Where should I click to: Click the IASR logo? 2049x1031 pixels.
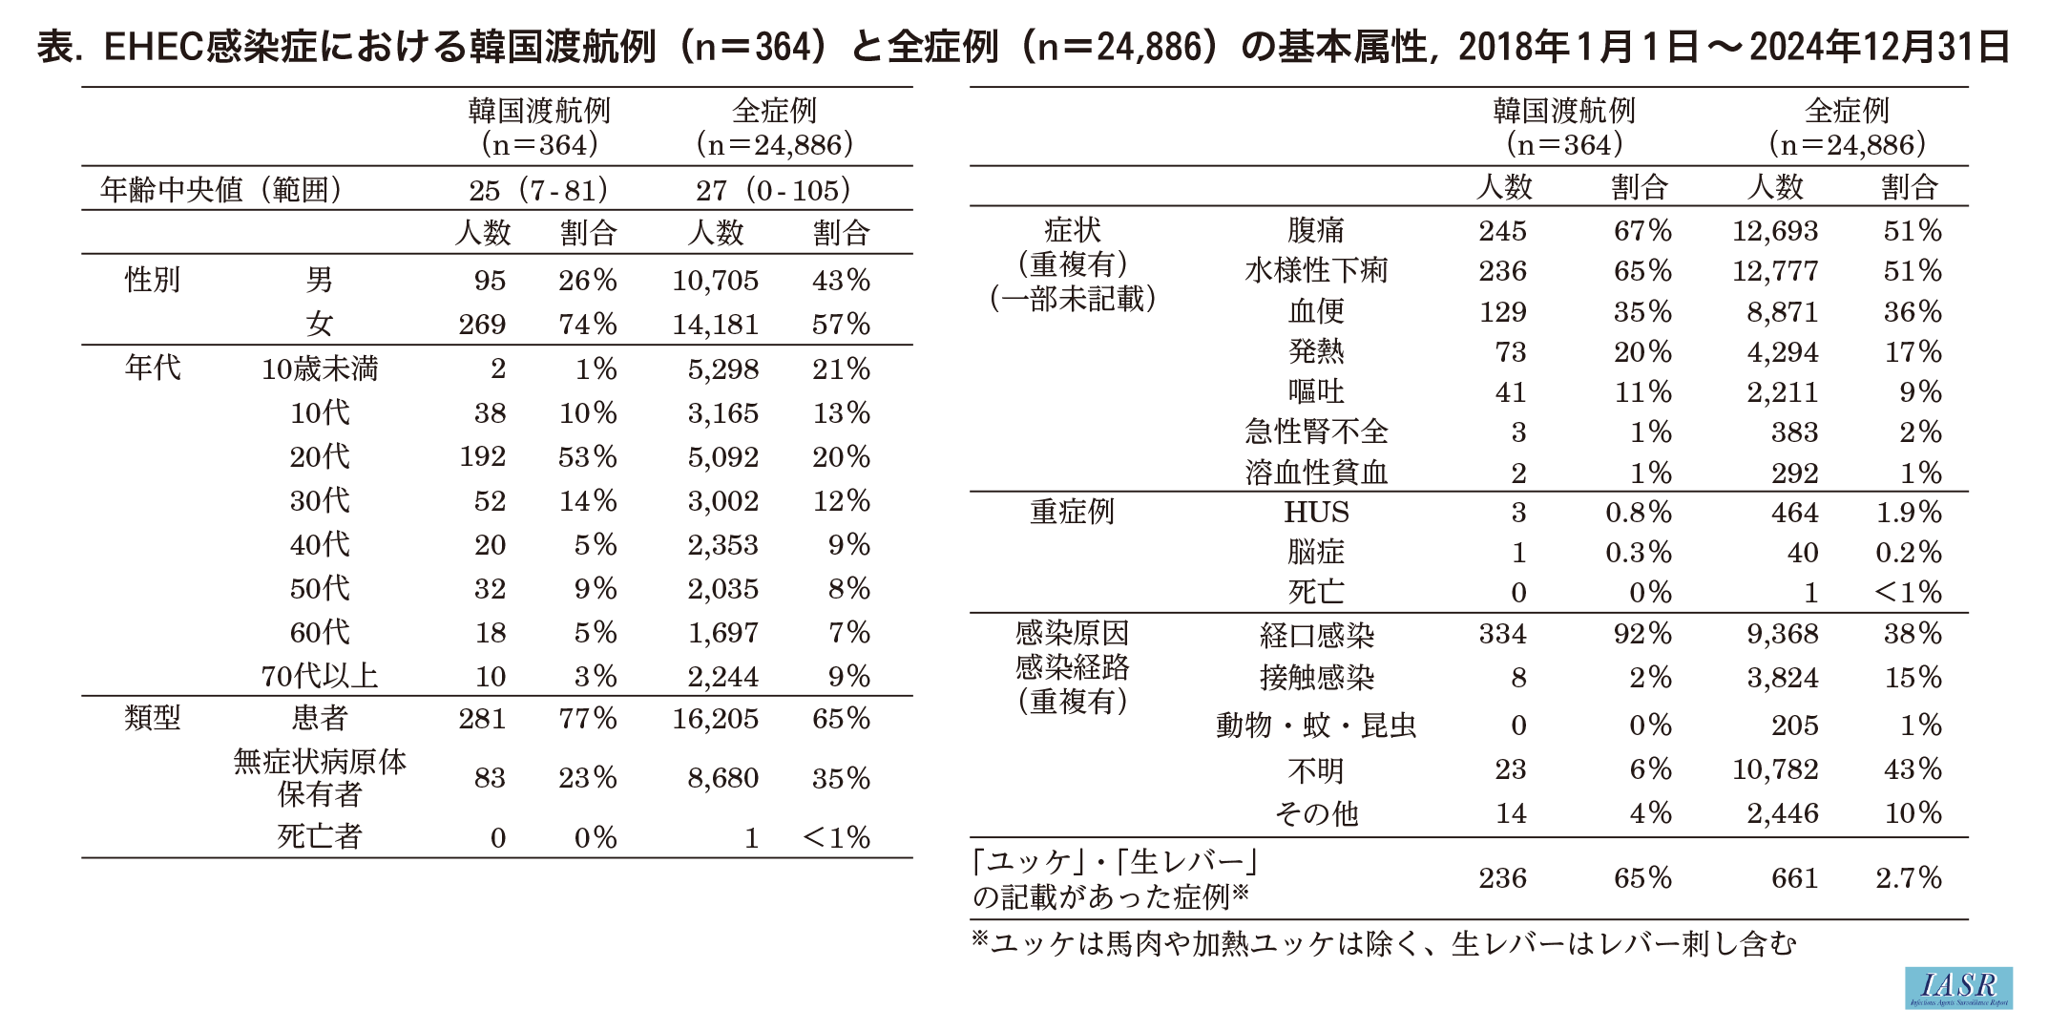point(1957,987)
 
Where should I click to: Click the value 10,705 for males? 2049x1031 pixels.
point(715,281)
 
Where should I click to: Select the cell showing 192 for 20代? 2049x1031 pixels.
point(482,457)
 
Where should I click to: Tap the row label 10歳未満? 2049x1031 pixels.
point(320,369)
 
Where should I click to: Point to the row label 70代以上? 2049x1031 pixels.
point(320,677)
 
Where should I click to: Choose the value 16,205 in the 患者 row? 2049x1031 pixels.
point(715,719)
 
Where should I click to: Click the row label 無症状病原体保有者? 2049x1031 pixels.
point(320,778)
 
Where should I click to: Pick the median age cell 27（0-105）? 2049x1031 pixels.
point(773,190)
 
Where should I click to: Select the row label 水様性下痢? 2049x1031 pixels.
point(1316,271)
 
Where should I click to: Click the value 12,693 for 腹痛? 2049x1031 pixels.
point(1774,231)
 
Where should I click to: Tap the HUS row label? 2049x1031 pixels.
point(1316,513)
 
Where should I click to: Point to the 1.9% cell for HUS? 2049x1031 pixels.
point(1908,513)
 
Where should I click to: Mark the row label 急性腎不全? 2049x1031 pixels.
point(1316,432)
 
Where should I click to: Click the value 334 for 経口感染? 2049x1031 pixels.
point(1502,634)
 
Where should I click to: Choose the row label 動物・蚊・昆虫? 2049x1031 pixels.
point(1316,726)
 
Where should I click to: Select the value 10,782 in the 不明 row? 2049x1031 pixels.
point(1774,769)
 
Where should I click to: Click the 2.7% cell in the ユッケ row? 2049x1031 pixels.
point(1908,878)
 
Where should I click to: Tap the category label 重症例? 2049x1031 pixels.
point(1072,513)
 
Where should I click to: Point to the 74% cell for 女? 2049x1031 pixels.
point(587,325)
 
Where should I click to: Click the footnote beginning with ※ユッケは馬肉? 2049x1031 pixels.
point(1383,944)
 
